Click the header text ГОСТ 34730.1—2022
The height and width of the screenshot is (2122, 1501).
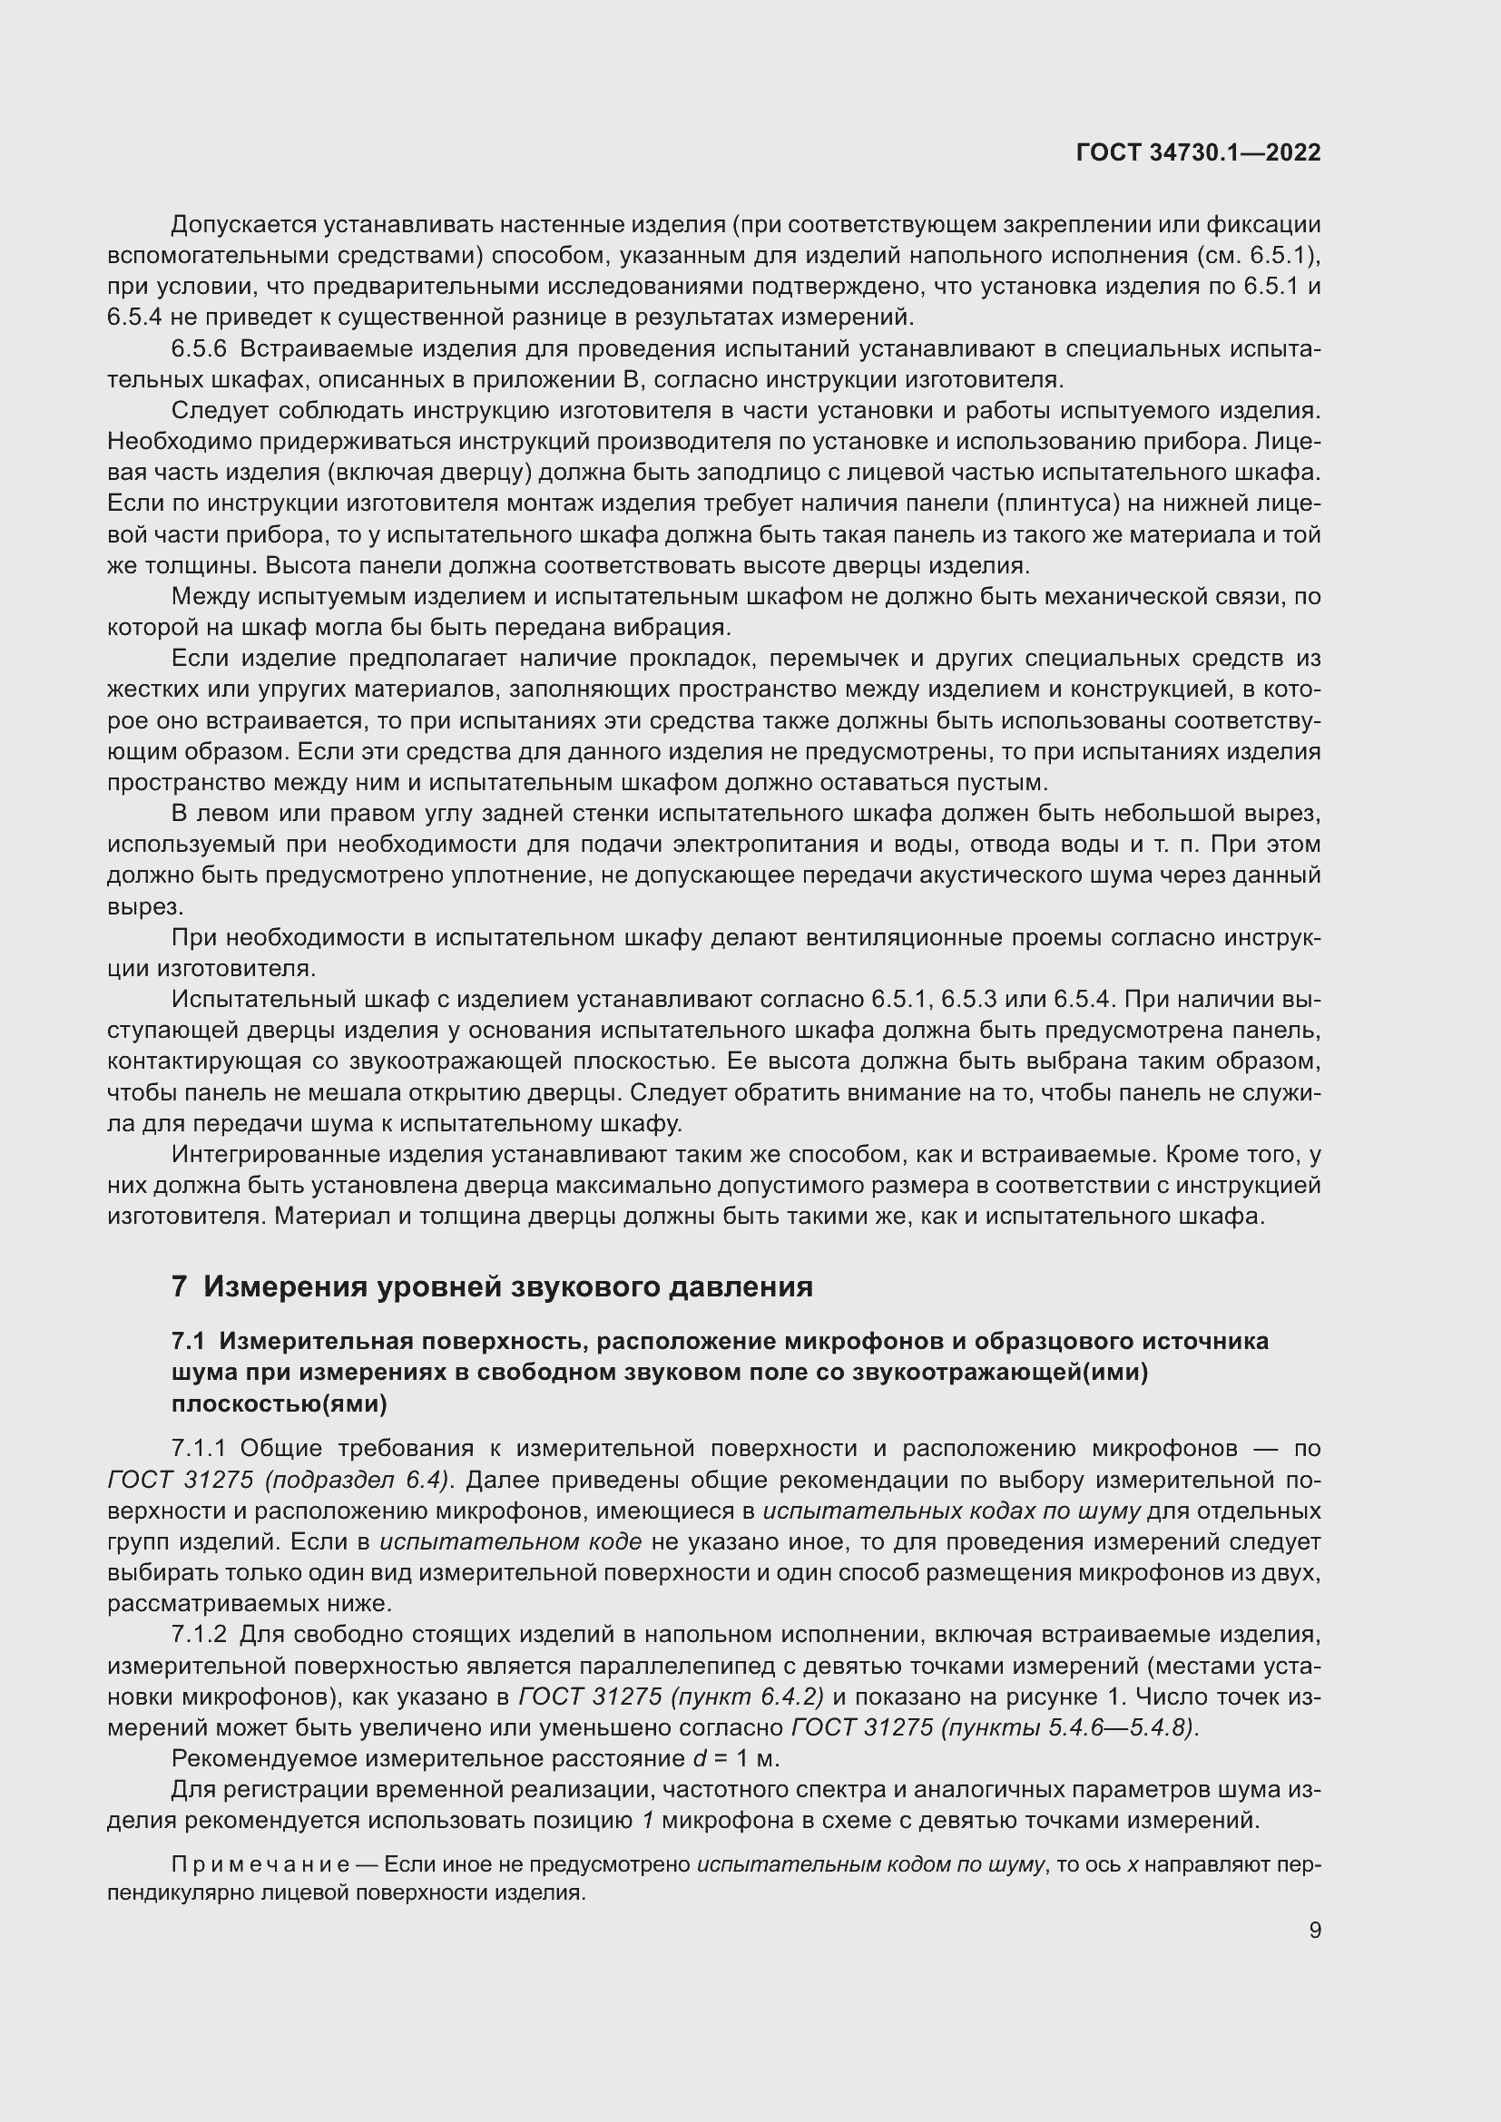point(1198,152)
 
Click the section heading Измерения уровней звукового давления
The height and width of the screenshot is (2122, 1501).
point(507,1286)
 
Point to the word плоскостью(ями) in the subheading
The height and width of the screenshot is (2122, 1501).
point(280,1403)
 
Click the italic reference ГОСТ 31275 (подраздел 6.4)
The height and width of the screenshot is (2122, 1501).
point(280,1480)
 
